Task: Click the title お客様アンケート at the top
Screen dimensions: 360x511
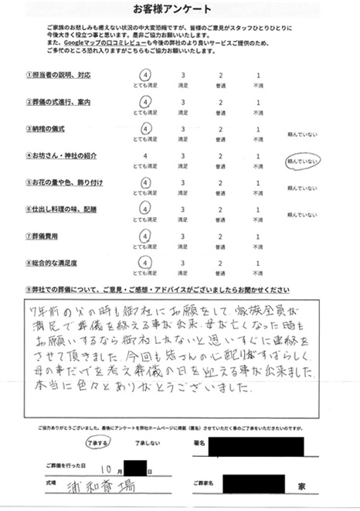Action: pyautogui.click(x=180, y=9)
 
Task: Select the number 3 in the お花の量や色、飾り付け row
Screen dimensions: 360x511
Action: pyautogui.click(x=182, y=182)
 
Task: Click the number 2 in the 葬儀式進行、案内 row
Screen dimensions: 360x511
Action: pyautogui.click(x=220, y=103)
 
